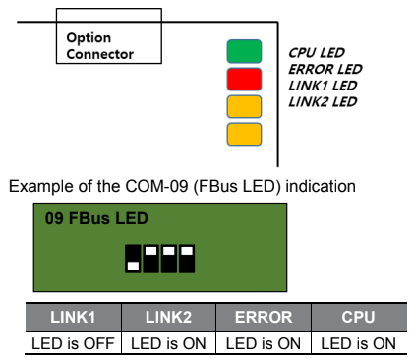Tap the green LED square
[245, 50]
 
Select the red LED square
[245, 78]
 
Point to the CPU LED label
[316, 52]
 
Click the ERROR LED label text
[325, 69]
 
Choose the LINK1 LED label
[322, 85]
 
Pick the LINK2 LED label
[322, 101]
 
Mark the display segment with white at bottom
[133, 258]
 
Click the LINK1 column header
[71, 318]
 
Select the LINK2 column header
[167, 318]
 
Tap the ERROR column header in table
[263, 318]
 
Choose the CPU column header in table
[358, 318]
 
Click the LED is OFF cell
[71, 342]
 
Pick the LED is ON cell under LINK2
[167, 342]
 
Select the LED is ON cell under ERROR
[263, 342]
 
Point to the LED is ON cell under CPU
[358, 342]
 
